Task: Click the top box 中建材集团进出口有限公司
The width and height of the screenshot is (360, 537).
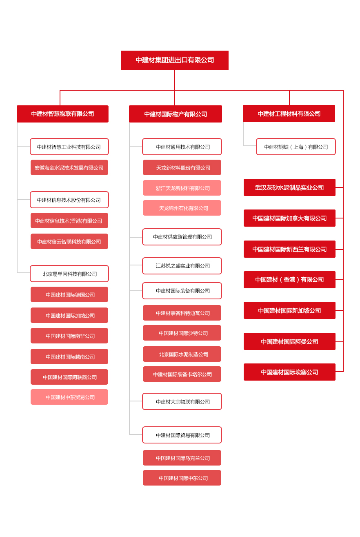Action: click(x=174, y=60)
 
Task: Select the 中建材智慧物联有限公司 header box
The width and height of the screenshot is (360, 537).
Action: click(x=62, y=114)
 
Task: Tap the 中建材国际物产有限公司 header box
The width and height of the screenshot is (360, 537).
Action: click(x=176, y=114)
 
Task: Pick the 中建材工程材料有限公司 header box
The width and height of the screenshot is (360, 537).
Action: click(x=289, y=114)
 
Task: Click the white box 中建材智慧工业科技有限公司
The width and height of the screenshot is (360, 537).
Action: click(x=69, y=147)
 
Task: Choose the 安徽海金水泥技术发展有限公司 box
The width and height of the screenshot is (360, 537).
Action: click(x=69, y=167)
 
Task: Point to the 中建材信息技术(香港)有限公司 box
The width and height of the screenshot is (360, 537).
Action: click(x=69, y=221)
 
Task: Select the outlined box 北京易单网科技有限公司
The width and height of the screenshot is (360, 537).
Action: click(x=69, y=274)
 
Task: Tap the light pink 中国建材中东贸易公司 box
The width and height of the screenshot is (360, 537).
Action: click(x=69, y=397)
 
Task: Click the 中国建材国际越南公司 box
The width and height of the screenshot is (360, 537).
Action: click(x=69, y=357)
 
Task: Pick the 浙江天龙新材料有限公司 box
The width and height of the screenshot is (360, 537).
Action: click(x=182, y=188)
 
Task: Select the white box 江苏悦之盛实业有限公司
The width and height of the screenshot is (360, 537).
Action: click(x=182, y=266)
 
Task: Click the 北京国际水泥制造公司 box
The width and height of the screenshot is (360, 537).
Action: click(x=182, y=354)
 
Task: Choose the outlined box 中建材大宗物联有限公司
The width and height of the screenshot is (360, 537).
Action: click(x=182, y=401)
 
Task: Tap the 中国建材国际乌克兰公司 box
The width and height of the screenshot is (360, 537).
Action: click(x=182, y=458)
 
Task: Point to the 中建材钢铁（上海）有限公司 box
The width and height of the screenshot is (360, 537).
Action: click(x=296, y=147)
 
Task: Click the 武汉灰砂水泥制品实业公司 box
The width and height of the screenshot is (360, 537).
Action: click(x=289, y=187)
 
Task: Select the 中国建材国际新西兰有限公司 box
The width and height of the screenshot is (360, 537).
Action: click(x=289, y=249)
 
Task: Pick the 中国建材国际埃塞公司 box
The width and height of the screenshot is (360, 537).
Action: click(x=289, y=372)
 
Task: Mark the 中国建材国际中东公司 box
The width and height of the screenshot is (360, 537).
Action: click(x=182, y=478)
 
